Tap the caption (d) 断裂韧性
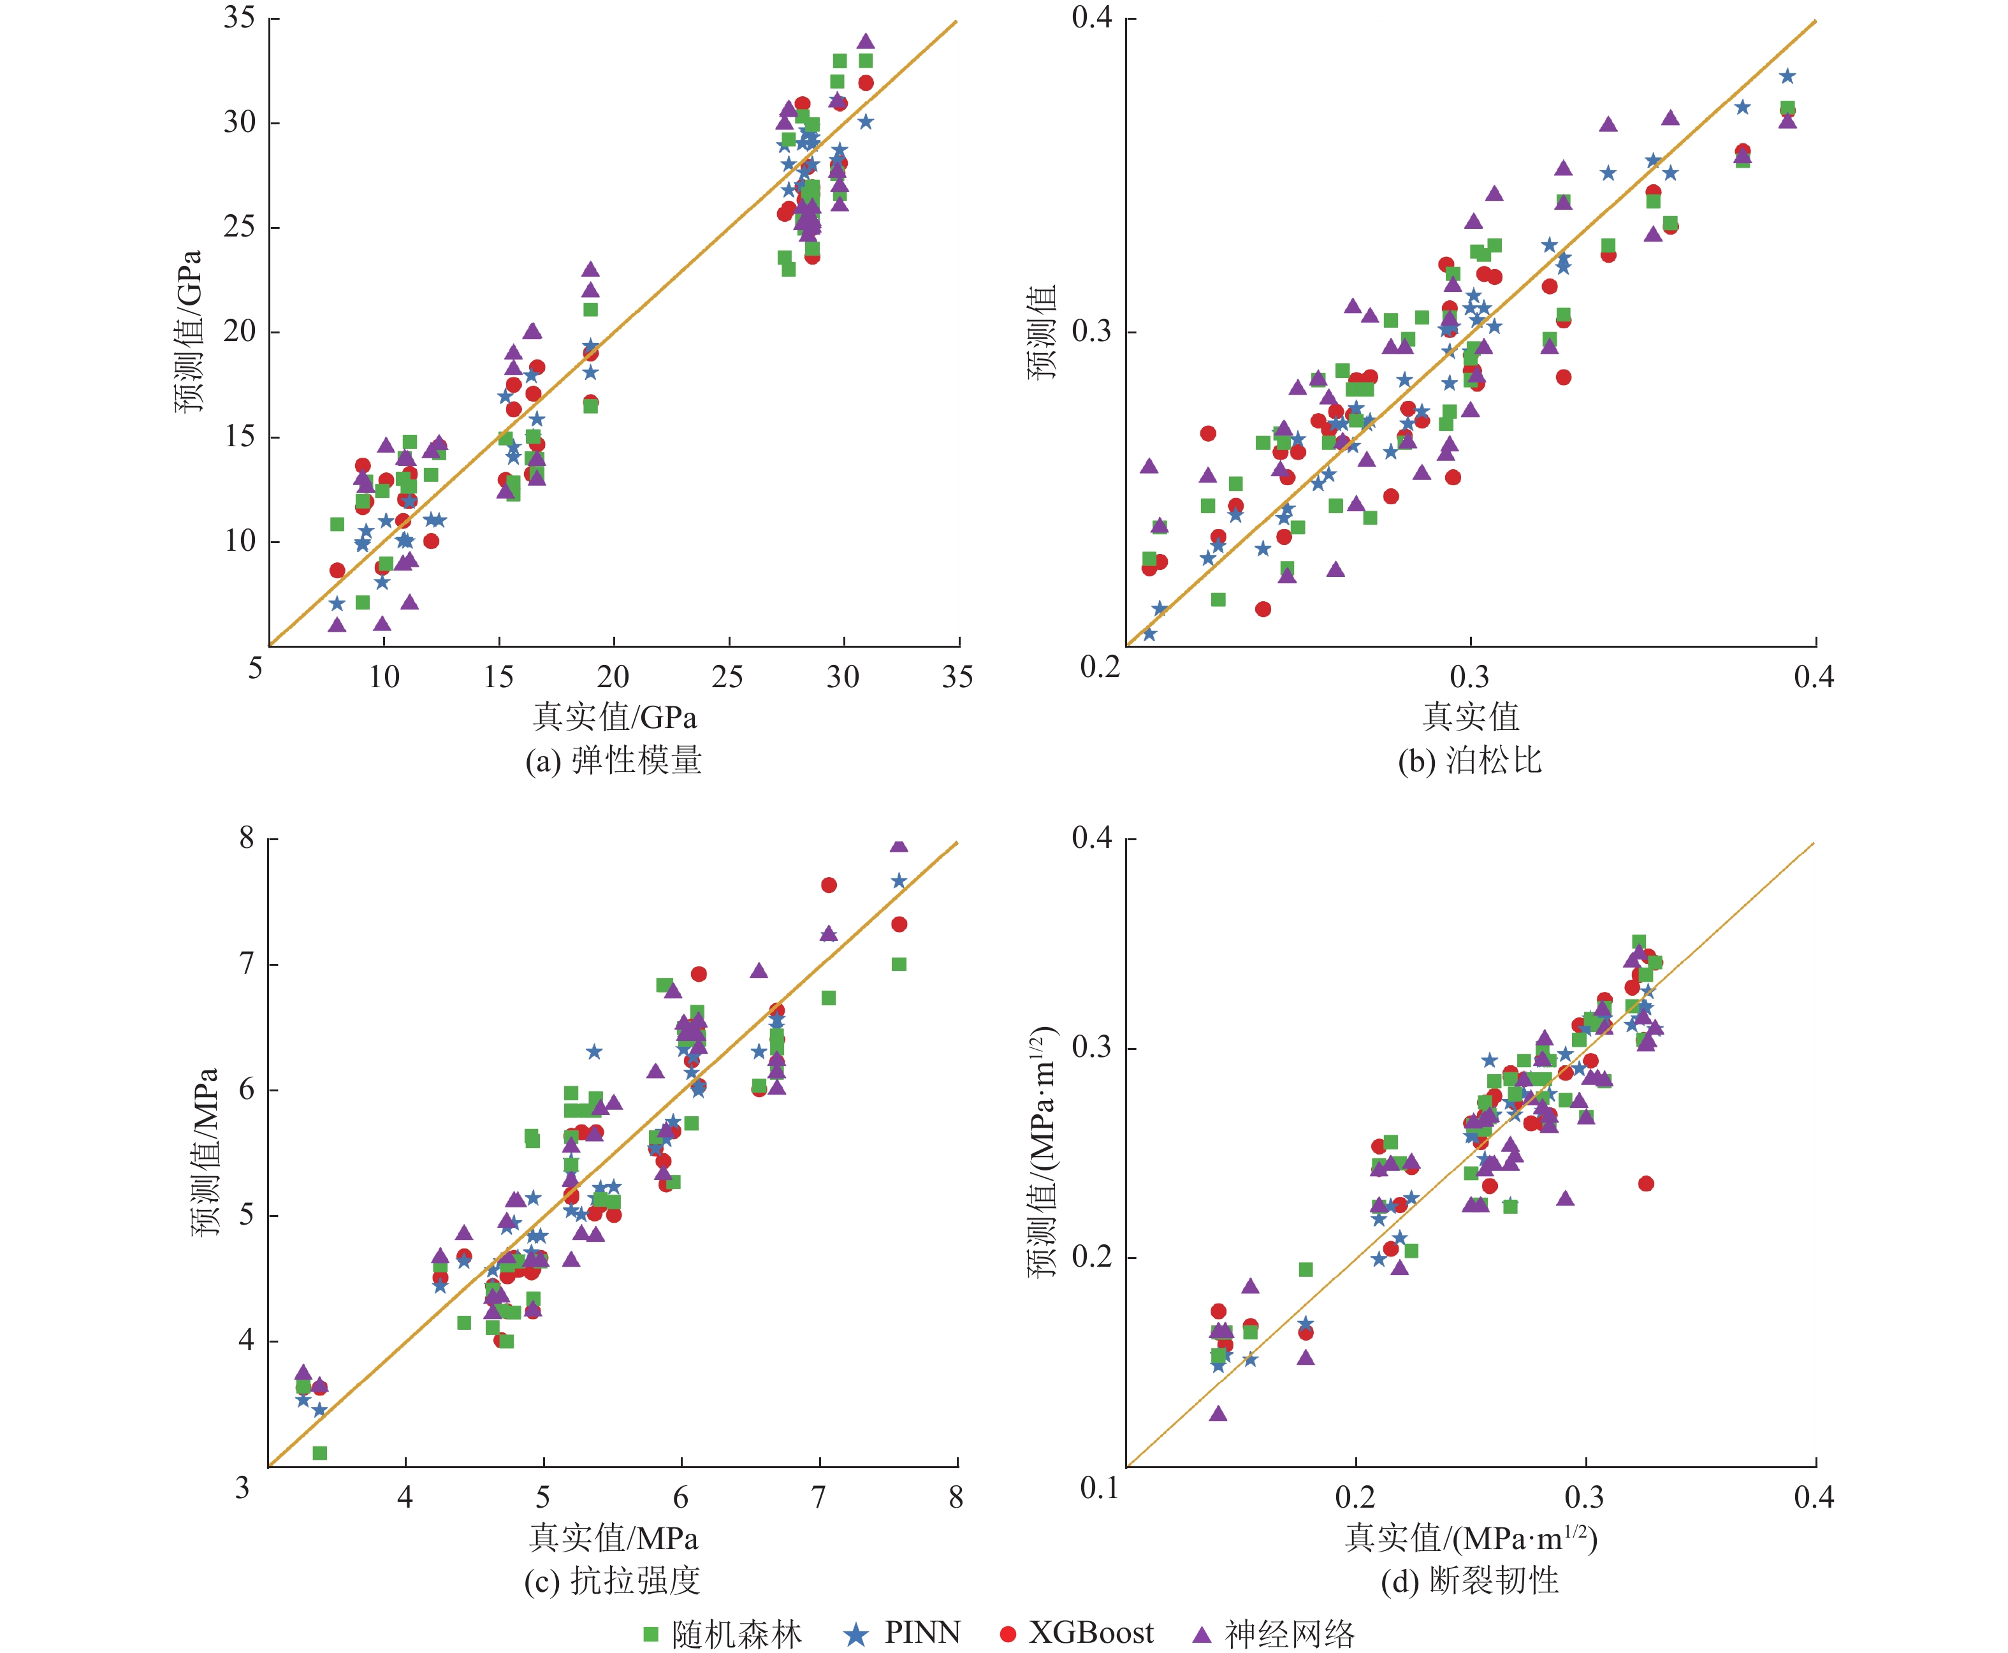tap(1470, 1580)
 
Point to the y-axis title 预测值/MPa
tap(205, 1151)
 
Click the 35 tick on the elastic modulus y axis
tap(240, 18)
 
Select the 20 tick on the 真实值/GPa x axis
tap(613, 677)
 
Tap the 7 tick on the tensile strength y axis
tap(247, 964)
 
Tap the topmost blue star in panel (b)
tap(1787, 76)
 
